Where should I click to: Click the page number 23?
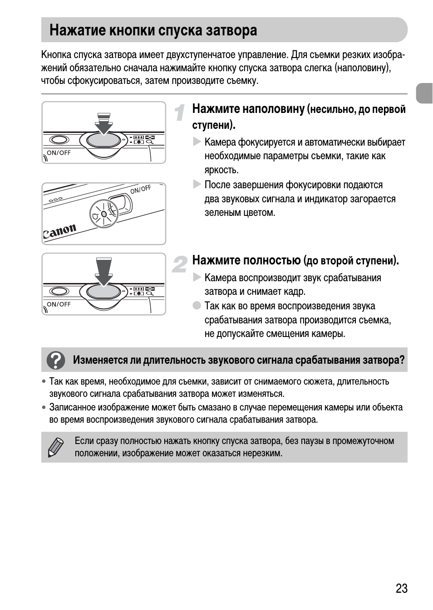(x=401, y=589)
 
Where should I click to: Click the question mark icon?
(x=57, y=360)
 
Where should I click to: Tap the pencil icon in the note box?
(x=55, y=447)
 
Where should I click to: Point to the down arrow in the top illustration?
(x=104, y=123)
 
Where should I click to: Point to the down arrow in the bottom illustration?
(x=104, y=271)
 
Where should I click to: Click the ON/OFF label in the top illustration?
(x=59, y=153)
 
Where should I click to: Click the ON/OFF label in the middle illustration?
(x=140, y=189)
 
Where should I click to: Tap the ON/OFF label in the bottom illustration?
(x=59, y=304)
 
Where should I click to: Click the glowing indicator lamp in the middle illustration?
(x=104, y=214)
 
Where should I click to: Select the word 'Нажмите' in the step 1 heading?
(x=216, y=109)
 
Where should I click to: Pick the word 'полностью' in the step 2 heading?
(x=272, y=260)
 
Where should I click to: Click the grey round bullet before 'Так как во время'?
(x=197, y=305)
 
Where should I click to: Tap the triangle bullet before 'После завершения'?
(x=197, y=184)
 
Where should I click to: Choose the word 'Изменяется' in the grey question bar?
(x=100, y=360)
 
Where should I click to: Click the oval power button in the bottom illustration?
(x=59, y=291)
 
